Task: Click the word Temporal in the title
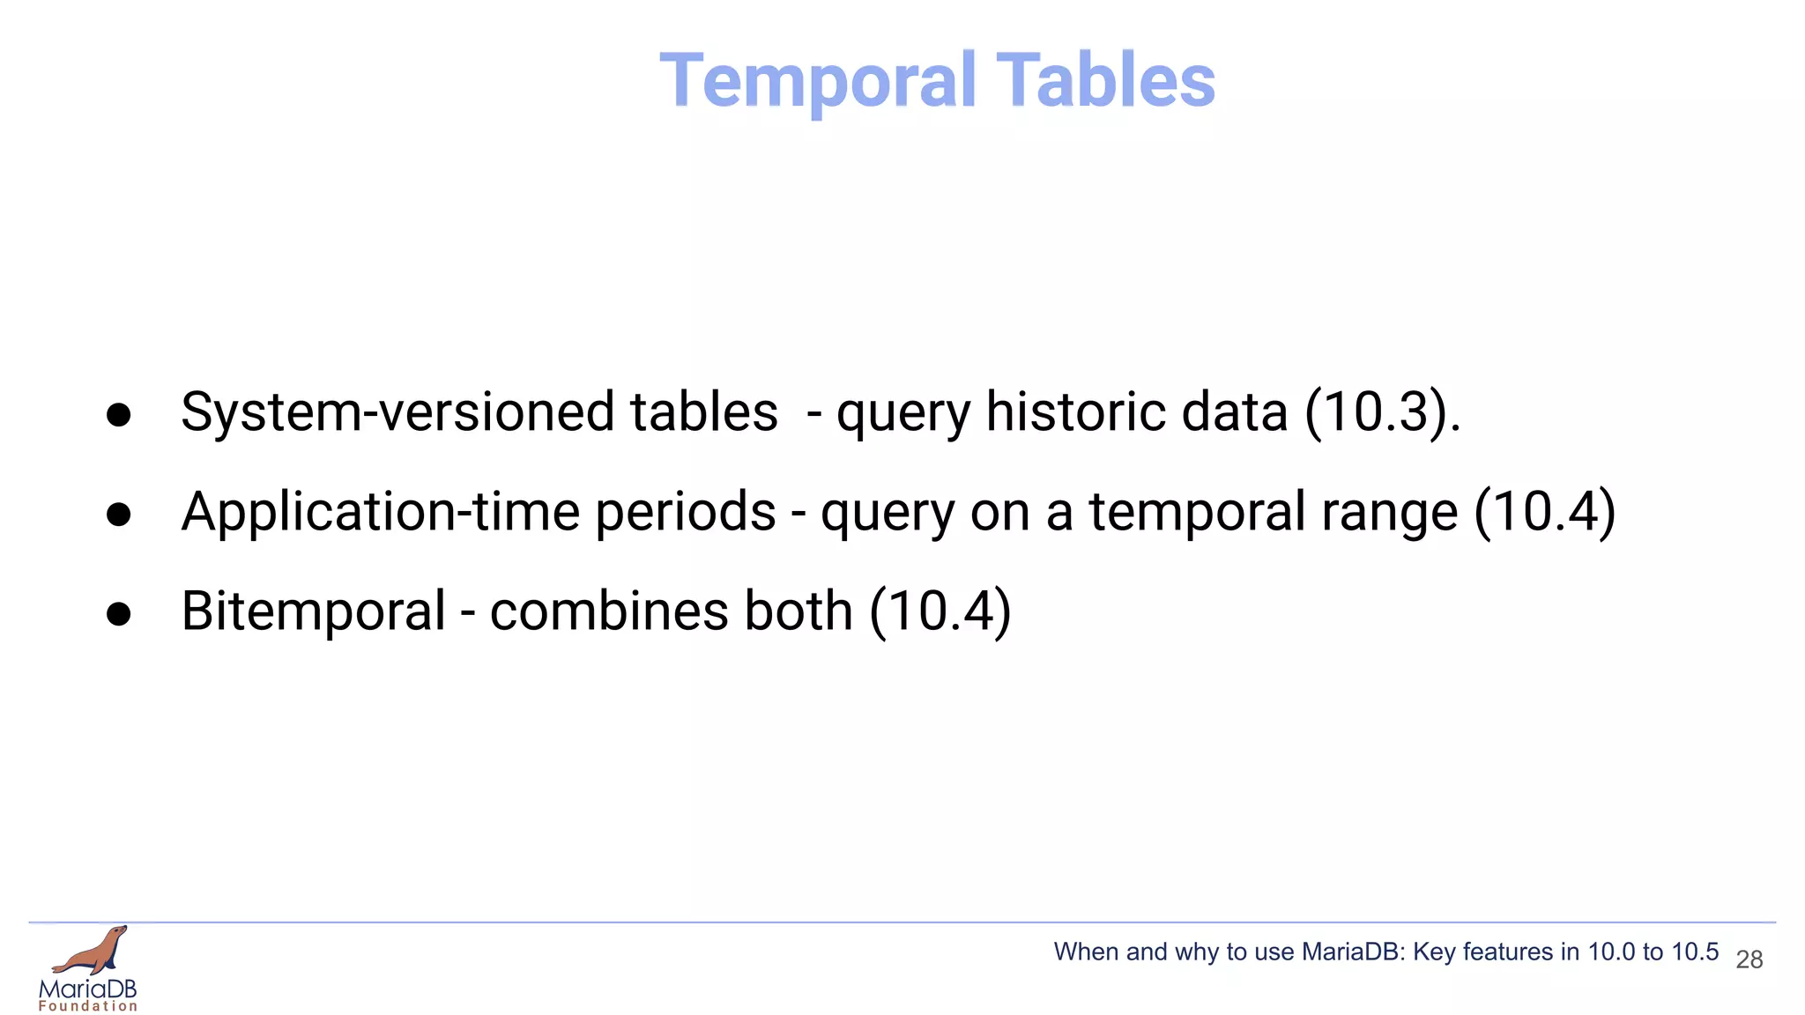(x=819, y=81)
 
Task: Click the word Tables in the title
(x=1105, y=81)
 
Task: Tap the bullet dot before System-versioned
(x=118, y=415)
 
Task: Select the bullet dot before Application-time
(x=118, y=515)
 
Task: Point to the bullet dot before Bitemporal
(x=118, y=614)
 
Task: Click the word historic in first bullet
(x=1074, y=412)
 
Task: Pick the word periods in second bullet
(x=685, y=512)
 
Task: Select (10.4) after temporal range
(x=1544, y=512)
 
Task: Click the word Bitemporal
(x=313, y=611)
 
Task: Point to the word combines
(x=608, y=611)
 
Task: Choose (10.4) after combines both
(x=940, y=611)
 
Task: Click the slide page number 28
(x=1749, y=959)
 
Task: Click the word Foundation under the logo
(x=88, y=1006)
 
